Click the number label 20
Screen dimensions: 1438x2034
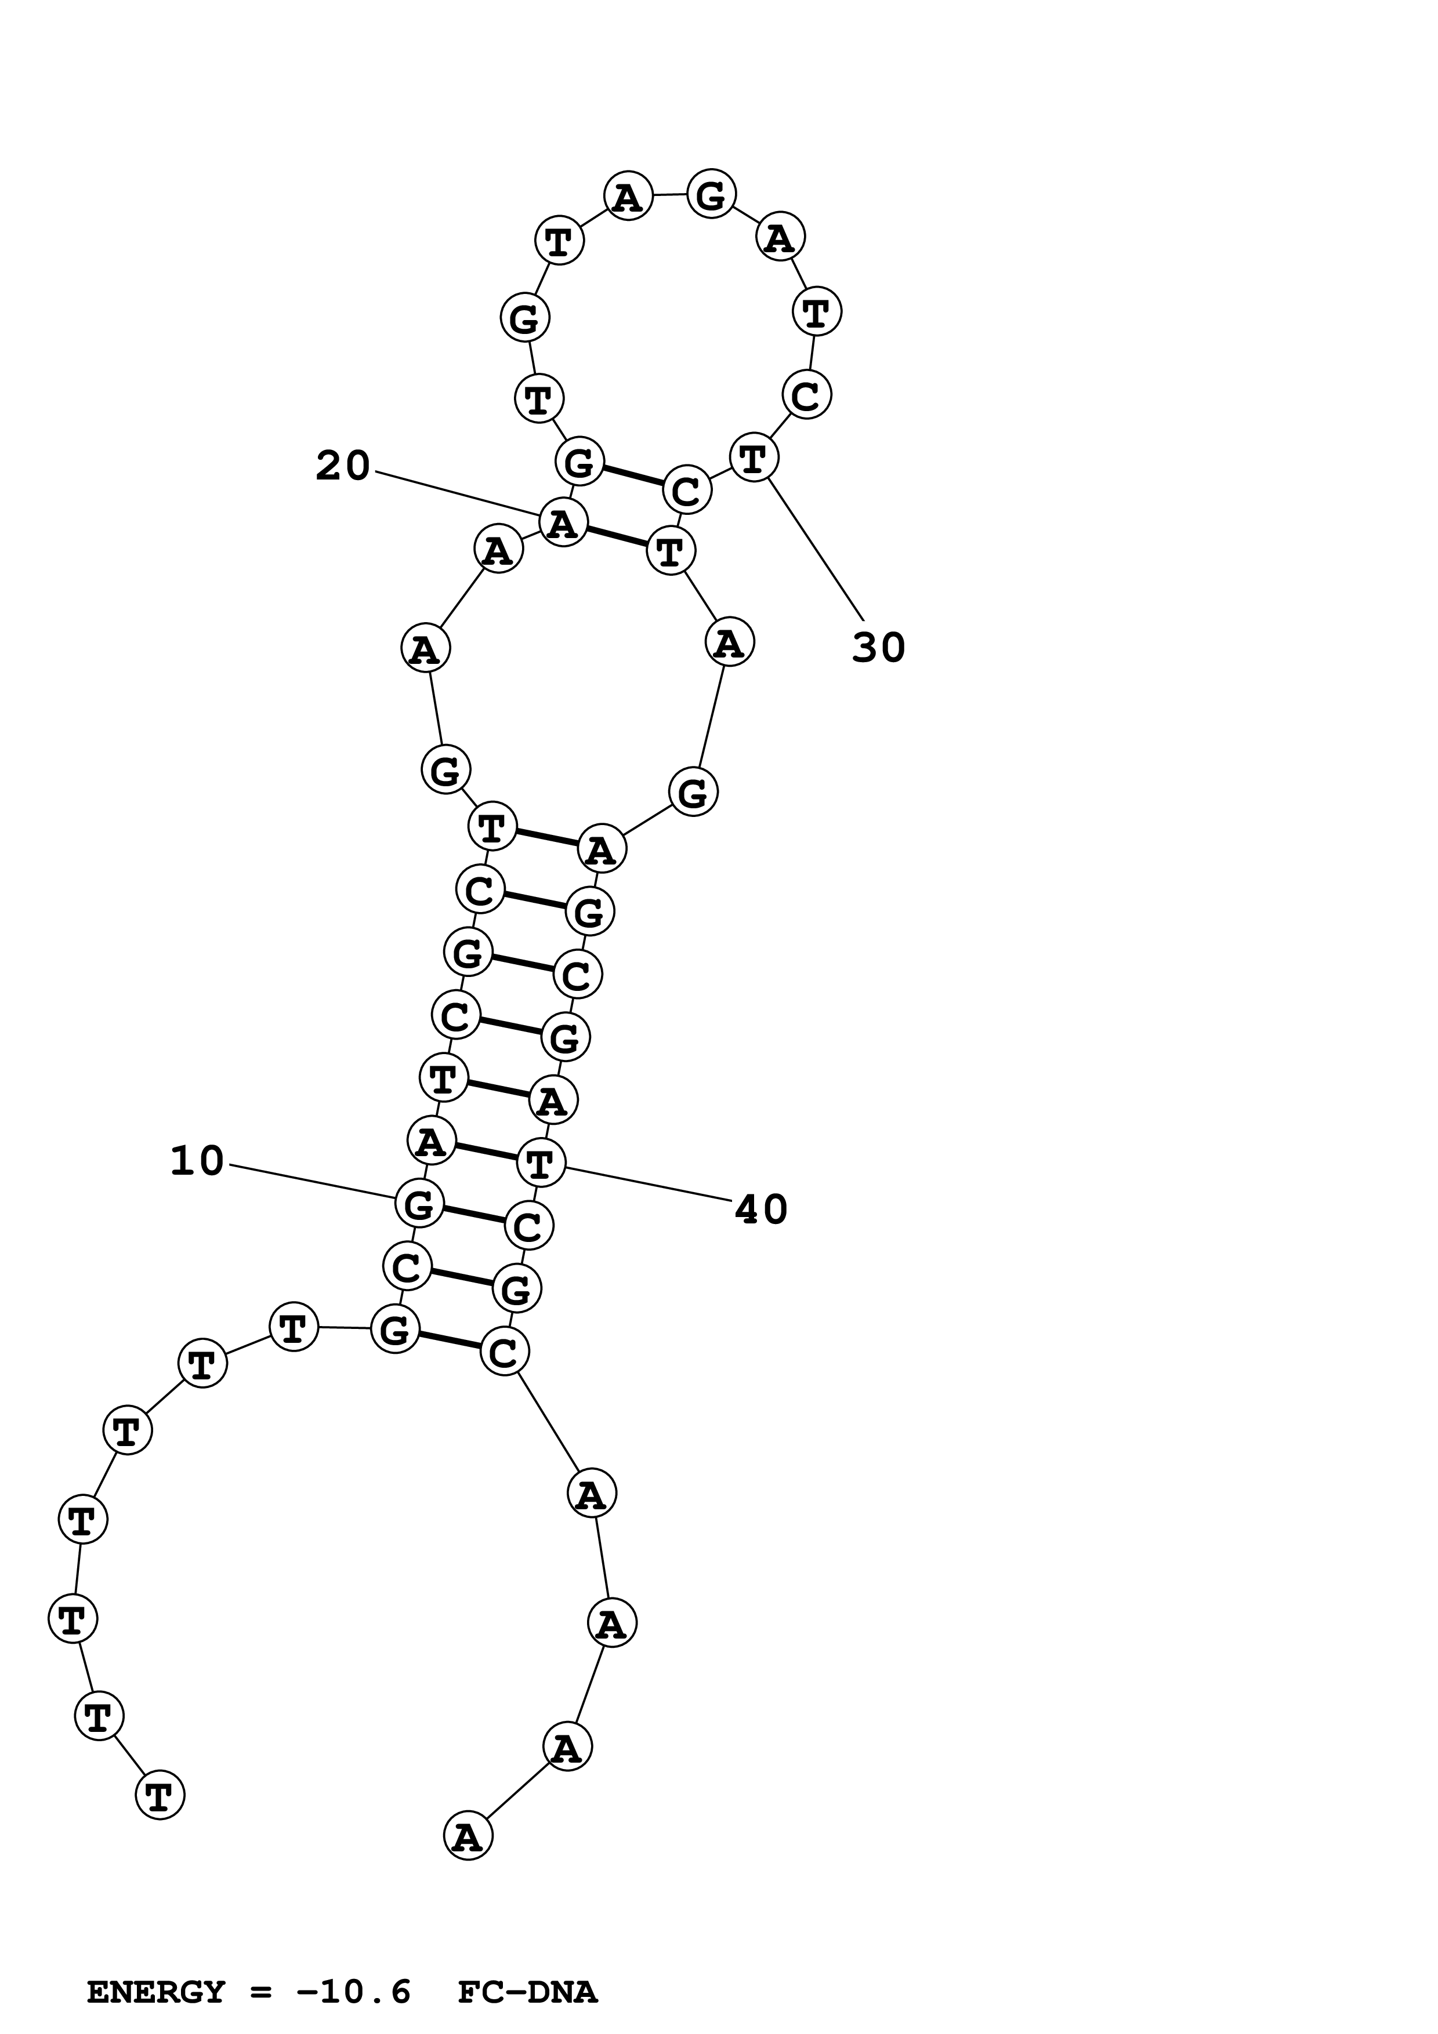[x=343, y=466]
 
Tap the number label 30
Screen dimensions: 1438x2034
[x=878, y=648]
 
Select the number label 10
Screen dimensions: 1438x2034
[x=197, y=1161]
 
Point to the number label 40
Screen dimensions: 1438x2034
[x=761, y=1210]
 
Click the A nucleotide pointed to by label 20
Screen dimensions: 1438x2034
[x=563, y=522]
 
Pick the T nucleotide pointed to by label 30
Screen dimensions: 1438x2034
[x=753, y=459]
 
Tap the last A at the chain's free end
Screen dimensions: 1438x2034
[x=467, y=1837]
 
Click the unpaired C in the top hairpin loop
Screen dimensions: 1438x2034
[x=805, y=394]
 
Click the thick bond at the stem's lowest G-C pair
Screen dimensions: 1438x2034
[x=448, y=1341]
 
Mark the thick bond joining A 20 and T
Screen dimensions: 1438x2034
[x=617, y=537]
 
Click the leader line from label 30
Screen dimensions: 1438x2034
[x=815, y=547]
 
